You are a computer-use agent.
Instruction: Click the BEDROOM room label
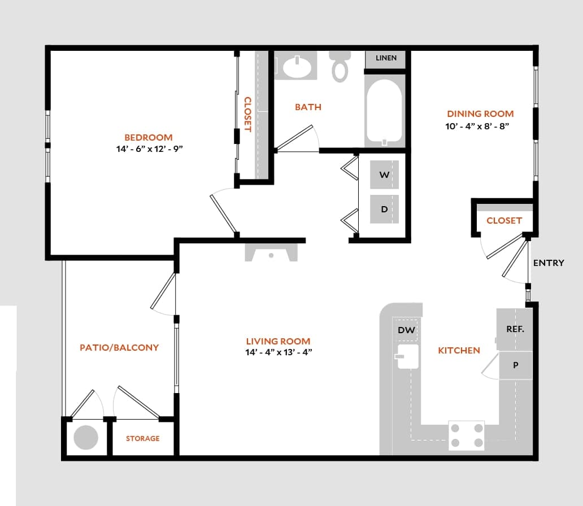[149, 137]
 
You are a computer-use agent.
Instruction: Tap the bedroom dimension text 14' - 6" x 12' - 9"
[149, 149]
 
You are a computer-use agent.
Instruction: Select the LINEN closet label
[386, 58]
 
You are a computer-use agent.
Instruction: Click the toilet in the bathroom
[340, 66]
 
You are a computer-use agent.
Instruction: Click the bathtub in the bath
[384, 111]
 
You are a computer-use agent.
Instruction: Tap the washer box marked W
[384, 175]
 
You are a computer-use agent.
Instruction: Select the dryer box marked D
[384, 209]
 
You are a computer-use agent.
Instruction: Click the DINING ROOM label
[480, 114]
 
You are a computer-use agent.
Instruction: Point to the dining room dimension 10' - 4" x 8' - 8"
[477, 127]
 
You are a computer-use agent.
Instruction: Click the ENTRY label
[549, 263]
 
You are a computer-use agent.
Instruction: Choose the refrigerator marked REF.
[515, 329]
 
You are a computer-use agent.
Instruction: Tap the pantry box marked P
[515, 365]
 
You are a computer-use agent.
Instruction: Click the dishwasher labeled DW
[406, 330]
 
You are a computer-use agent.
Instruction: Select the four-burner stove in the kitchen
[467, 435]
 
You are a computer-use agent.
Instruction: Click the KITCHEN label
[459, 351]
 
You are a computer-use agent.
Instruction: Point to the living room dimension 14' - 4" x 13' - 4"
[278, 352]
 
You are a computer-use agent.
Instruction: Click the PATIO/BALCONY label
[119, 348]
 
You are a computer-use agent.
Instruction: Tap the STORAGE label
[142, 438]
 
